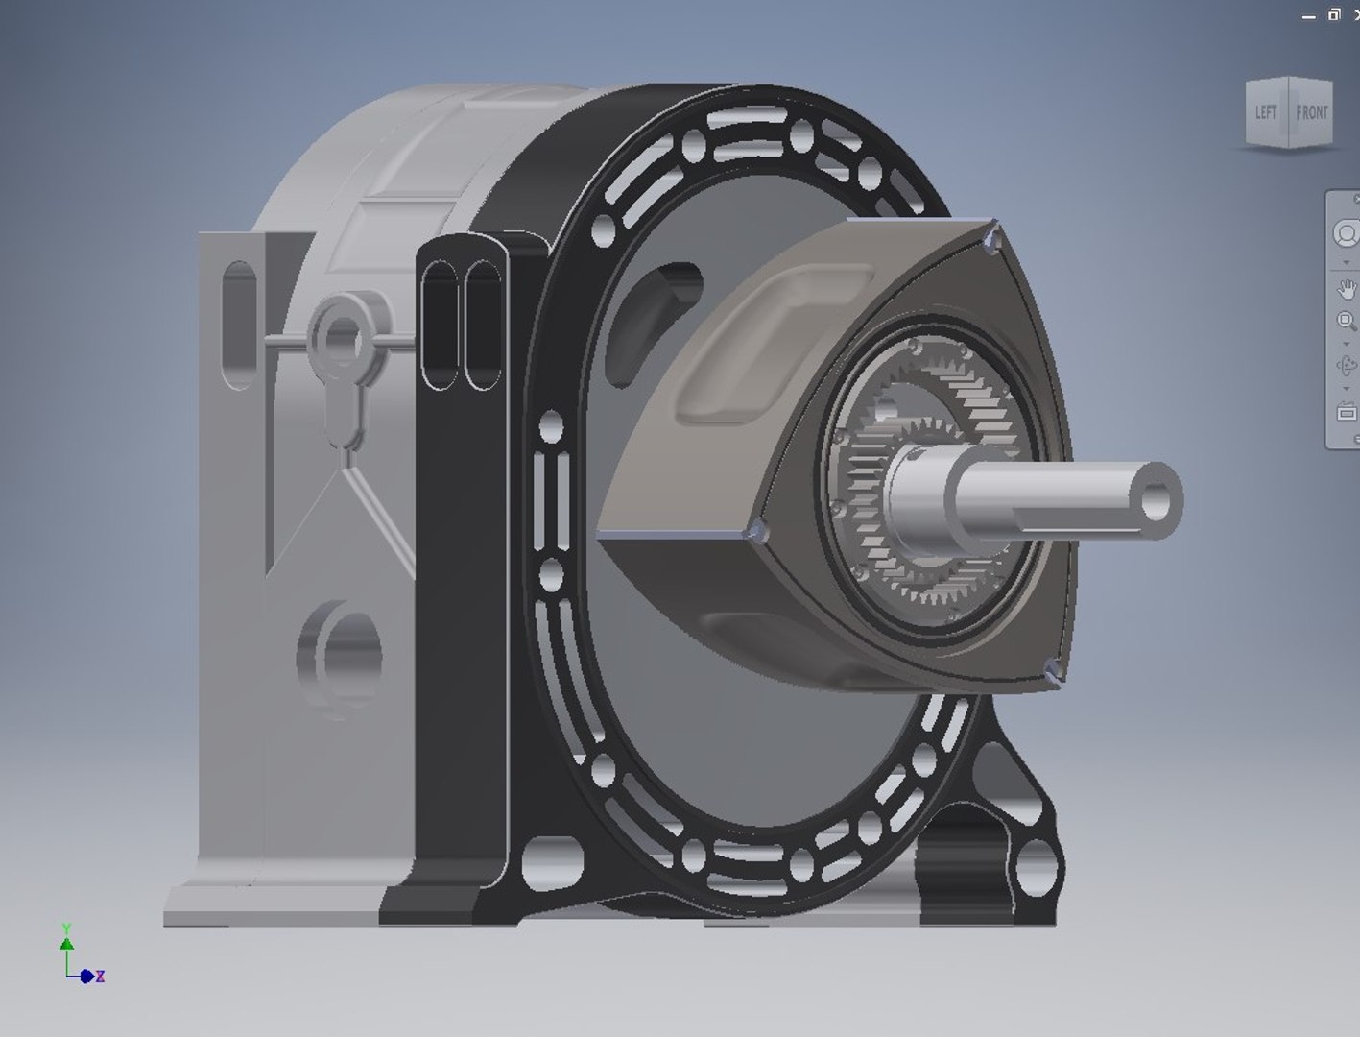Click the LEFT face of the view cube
[1266, 112]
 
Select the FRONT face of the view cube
[1311, 112]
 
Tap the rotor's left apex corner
[757, 531]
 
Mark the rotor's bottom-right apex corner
[1052, 673]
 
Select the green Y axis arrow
[66, 939]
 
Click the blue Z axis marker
[88, 976]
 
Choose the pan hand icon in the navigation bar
[1346, 288]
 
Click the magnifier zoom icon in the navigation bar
[1346, 321]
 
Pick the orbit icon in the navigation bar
[1346, 365]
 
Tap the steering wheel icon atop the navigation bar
[1346, 233]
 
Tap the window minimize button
[1308, 16]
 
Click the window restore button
[1333, 14]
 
